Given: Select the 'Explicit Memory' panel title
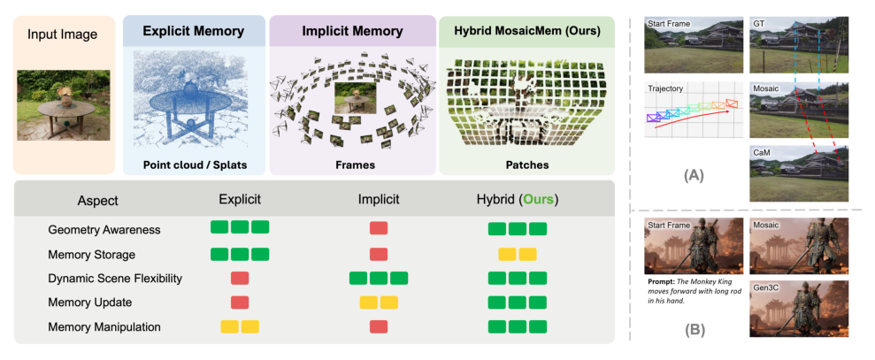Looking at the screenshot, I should (193, 32).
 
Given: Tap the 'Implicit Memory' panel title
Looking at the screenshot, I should (352, 32).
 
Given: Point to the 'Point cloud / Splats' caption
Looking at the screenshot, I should (193, 165).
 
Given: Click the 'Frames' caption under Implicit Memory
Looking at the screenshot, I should (352, 165).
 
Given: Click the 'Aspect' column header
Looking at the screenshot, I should (97, 201).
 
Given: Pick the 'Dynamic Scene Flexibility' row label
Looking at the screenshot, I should (116, 279).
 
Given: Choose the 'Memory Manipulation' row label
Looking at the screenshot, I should (104, 327).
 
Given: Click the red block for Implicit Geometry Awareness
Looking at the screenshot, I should (379, 228).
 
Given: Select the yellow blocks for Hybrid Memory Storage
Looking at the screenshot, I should (518, 254).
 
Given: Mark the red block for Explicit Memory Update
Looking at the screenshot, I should (239, 303).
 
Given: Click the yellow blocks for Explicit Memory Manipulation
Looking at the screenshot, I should (239, 326).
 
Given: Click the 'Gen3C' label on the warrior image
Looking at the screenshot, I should (765, 287).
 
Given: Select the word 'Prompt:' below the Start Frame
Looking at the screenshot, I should (660, 283).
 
